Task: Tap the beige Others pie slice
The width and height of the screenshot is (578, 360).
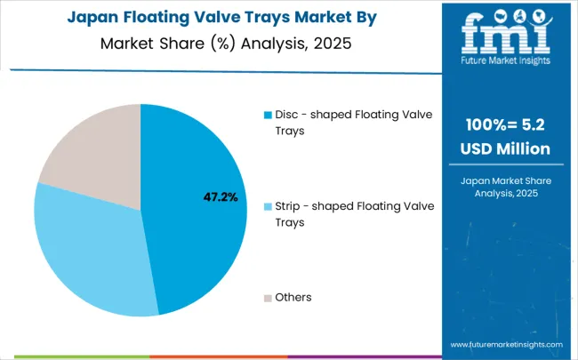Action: coord(89,156)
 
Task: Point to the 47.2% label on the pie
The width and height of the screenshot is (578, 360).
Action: coord(220,197)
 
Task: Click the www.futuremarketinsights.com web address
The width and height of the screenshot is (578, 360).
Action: coord(506,344)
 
